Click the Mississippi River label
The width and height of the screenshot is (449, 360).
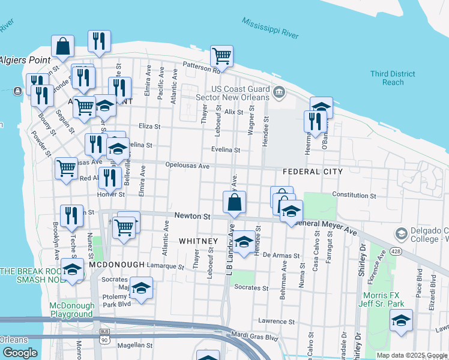click(x=270, y=28)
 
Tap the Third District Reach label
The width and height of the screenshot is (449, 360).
click(x=393, y=78)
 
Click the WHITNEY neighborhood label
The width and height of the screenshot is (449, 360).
click(x=197, y=241)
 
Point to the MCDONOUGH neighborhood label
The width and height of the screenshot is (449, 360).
click(x=116, y=265)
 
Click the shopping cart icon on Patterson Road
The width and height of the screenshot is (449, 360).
click(x=221, y=56)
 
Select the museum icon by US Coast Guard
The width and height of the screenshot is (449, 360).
click(x=279, y=92)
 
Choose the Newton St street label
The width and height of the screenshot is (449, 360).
click(x=192, y=216)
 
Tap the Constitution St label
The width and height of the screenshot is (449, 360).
click(x=354, y=196)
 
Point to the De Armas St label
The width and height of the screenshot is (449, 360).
click(x=281, y=256)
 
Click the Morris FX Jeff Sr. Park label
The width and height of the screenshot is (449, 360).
click(x=387, y=299)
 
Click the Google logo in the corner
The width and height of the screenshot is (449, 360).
click(x=20, y=353)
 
